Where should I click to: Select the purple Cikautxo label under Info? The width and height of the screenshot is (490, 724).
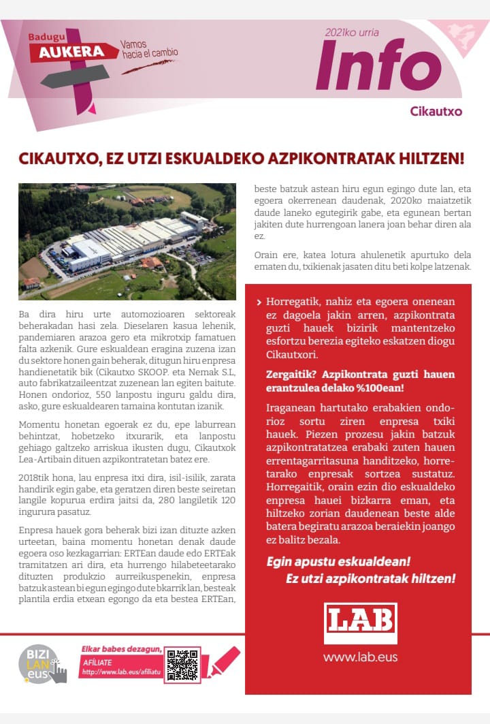click(x=436, y=111)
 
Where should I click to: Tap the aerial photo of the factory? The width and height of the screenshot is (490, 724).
click(x=127, y=241)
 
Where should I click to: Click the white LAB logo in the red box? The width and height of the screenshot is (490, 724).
click(x=360, y=622)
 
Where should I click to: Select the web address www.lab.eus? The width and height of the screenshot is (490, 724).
click(x=360, y=657)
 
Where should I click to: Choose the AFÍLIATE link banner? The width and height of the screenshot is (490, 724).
click(x=120, y=666)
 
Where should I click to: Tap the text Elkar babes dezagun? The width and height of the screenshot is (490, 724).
click(x=121, y=649)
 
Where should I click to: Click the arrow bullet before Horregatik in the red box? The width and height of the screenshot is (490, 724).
click(x=259, y=302)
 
